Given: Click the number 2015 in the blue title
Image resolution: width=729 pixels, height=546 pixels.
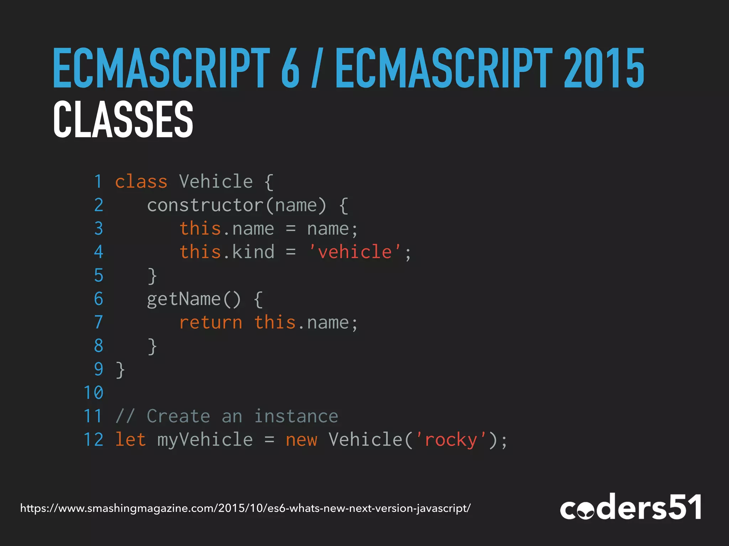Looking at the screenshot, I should [x=604, y=68].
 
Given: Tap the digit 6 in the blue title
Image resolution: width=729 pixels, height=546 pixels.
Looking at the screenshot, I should [x=290, y=68].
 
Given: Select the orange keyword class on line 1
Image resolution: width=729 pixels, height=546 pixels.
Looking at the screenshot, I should [x=141, y=182].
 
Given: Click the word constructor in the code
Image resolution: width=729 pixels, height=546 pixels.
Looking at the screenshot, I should [x=205, y=205].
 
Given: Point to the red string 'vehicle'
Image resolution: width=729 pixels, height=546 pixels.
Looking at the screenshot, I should [x=355, y=252].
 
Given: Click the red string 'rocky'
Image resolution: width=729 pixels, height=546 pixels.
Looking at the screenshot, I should [x=451, y=440].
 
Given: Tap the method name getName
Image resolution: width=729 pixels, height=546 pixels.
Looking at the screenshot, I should [x=184, y=299].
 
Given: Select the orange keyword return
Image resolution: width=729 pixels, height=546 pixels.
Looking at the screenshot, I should [x=210, y=323].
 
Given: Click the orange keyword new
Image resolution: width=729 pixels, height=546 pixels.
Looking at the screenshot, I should [x=301, y=440].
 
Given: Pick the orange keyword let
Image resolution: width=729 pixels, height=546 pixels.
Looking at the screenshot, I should [x=130, y=440].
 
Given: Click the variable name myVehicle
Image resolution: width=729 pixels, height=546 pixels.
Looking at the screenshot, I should [x=205, y=440].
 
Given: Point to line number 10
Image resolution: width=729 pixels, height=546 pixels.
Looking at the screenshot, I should [x=93, y=393].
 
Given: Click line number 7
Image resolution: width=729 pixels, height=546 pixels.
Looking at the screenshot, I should [x=99, y=322].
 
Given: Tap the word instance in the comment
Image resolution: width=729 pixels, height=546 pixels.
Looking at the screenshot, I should [x=296, y=416].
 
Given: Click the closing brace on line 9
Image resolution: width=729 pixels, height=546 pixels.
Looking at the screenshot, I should [x=120, y=370].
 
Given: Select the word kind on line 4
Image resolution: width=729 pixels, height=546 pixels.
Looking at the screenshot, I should [x=253, y=252].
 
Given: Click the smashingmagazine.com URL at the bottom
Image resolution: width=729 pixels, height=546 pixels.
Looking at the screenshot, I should [x=245, y=508].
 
